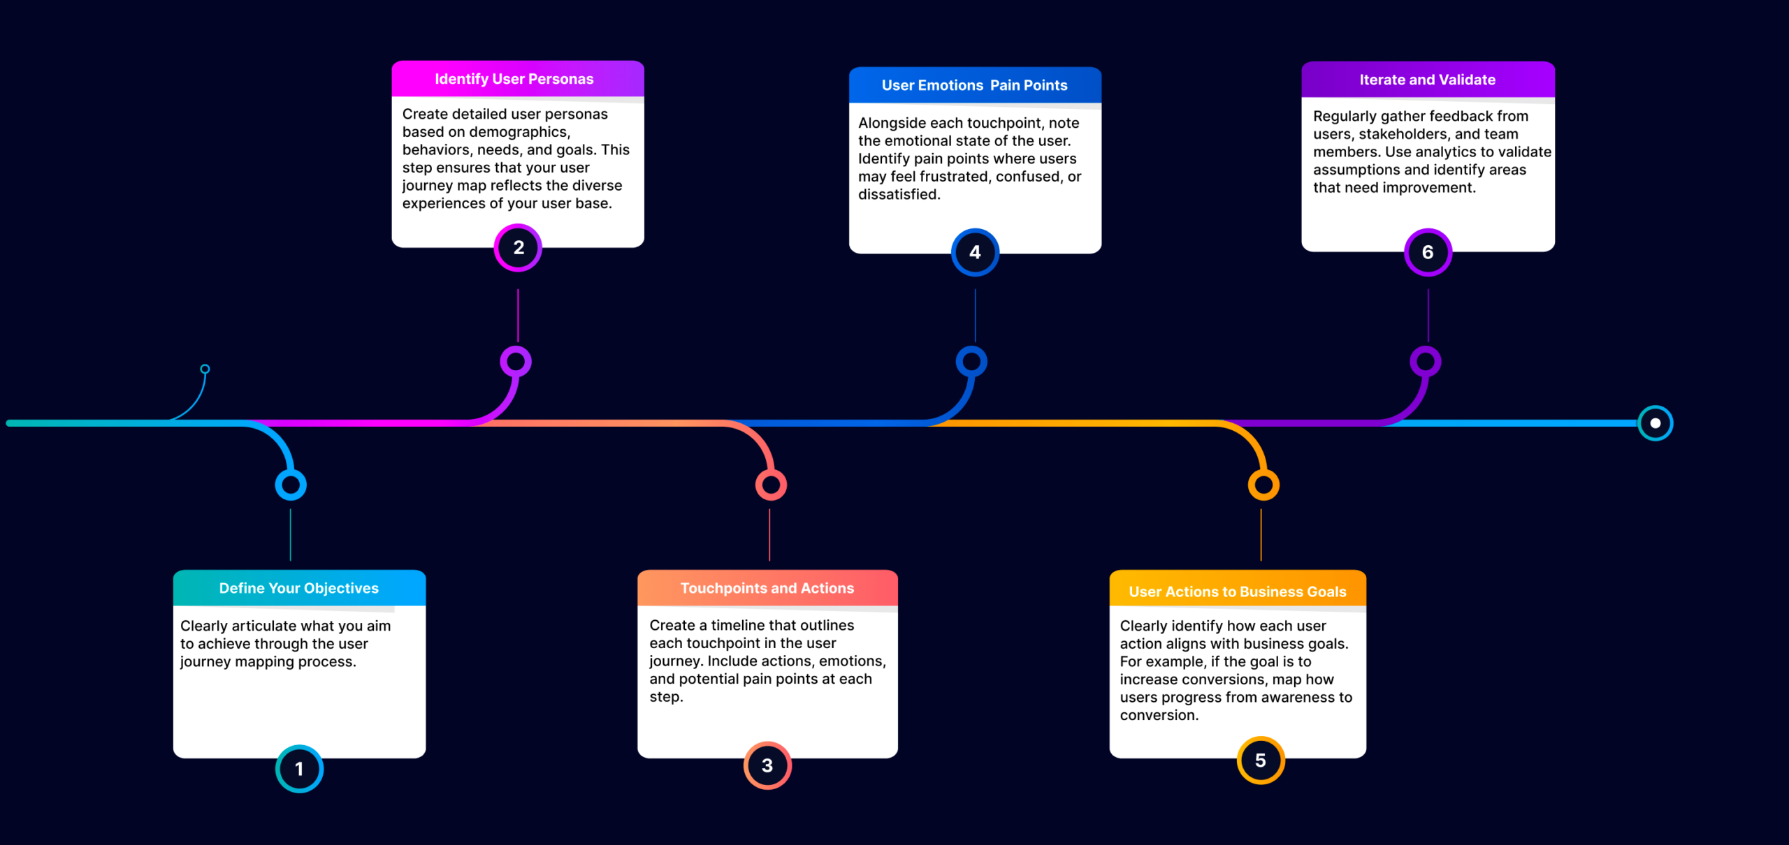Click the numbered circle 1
[299, 768]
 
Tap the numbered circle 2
[518, 248]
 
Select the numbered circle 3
[767, 765]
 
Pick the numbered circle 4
[975, 252]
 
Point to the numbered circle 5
[1261, 760]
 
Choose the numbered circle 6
[1428, 252]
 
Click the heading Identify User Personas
[514, 79]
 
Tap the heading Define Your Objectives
[299, 588]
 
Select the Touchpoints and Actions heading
[767, 588]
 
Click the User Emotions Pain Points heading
[975, 85]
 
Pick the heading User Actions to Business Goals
[1238, 591]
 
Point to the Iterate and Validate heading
[1428, 80]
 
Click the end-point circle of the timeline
[1655, 423]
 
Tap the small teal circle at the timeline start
[205, 369]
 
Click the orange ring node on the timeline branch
[1263, 485]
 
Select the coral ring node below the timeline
[771, 485]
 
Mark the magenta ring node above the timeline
[516, 362]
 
